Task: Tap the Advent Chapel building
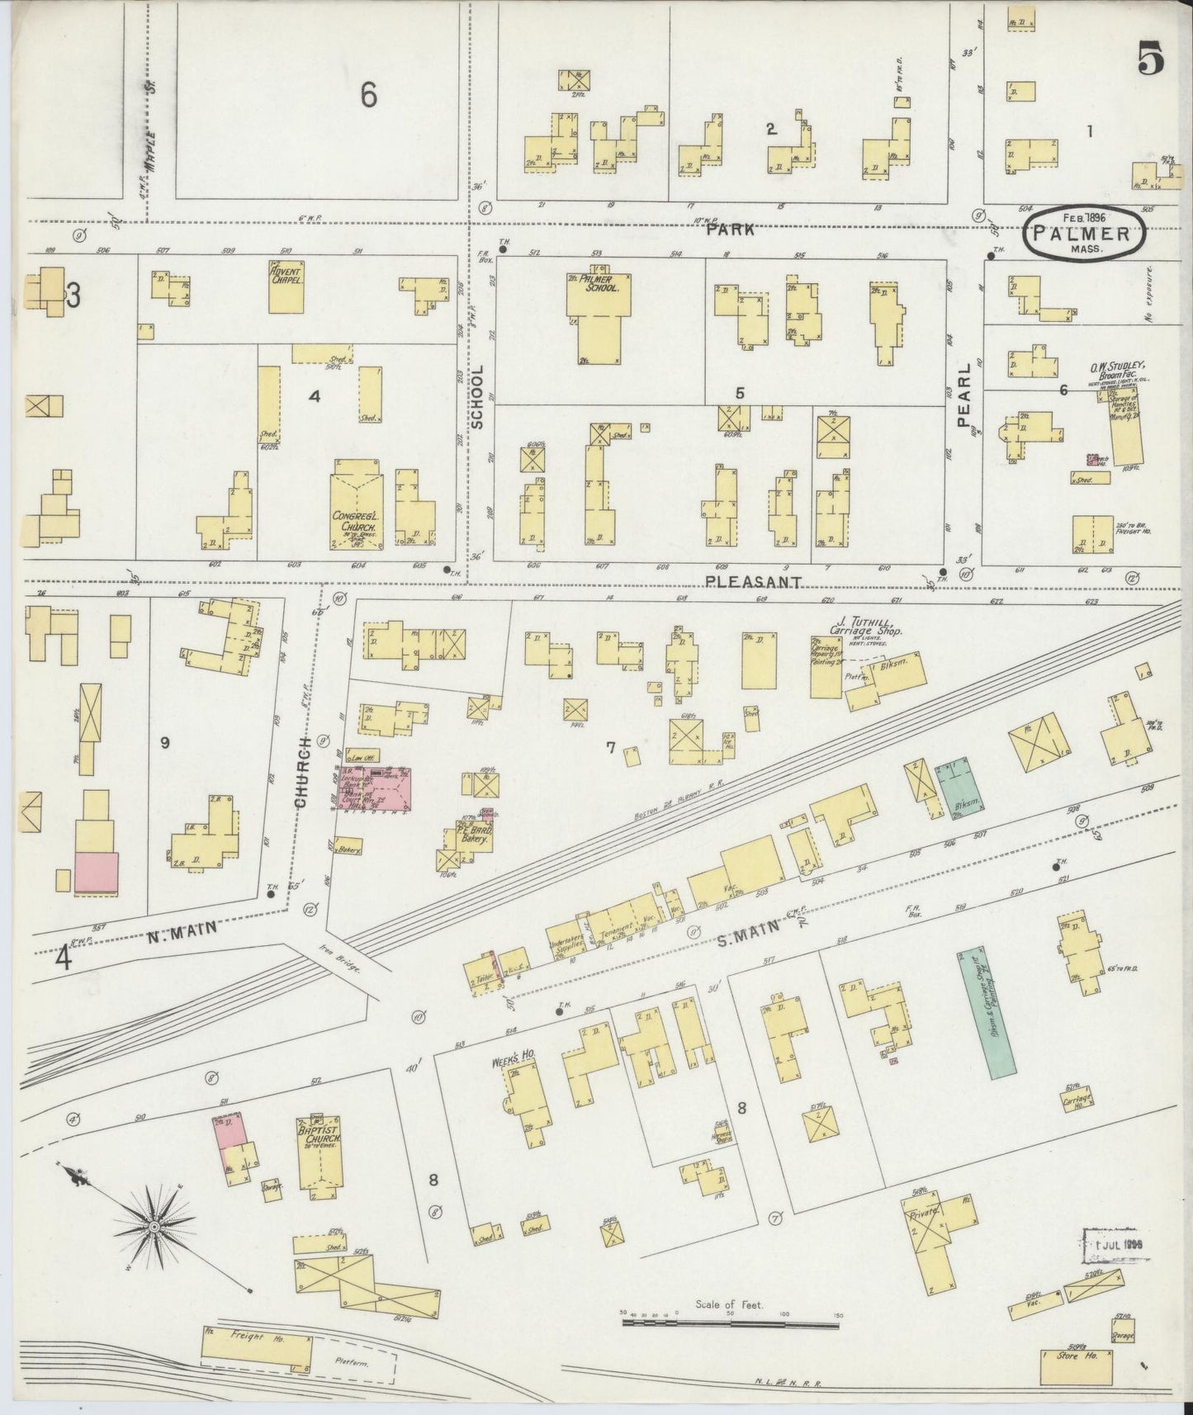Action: click(x=286, y=286)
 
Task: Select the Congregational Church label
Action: click(x=355, y=520)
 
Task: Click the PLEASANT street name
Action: click(x=754, y=582)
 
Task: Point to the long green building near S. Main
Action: click(x=987, y=1012)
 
